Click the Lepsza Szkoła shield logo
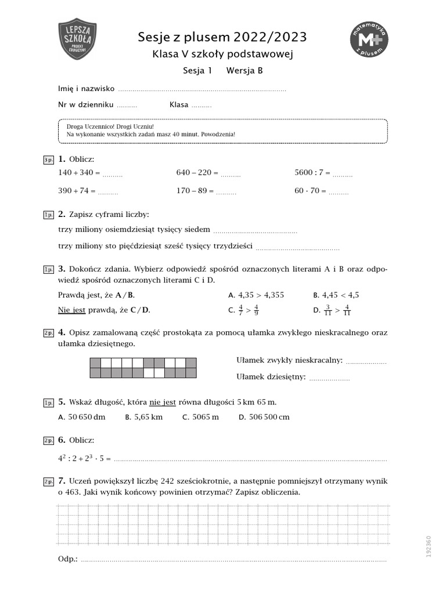78,39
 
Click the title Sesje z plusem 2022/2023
222,38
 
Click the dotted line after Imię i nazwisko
202,90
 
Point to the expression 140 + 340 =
80,173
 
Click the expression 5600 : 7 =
312,173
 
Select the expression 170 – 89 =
195,190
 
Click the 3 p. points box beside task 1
48,160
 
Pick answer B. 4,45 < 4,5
336,295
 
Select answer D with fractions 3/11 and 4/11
332,310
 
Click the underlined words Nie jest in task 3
72,310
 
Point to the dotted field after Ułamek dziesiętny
329,378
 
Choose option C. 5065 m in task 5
200,416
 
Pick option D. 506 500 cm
264,416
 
